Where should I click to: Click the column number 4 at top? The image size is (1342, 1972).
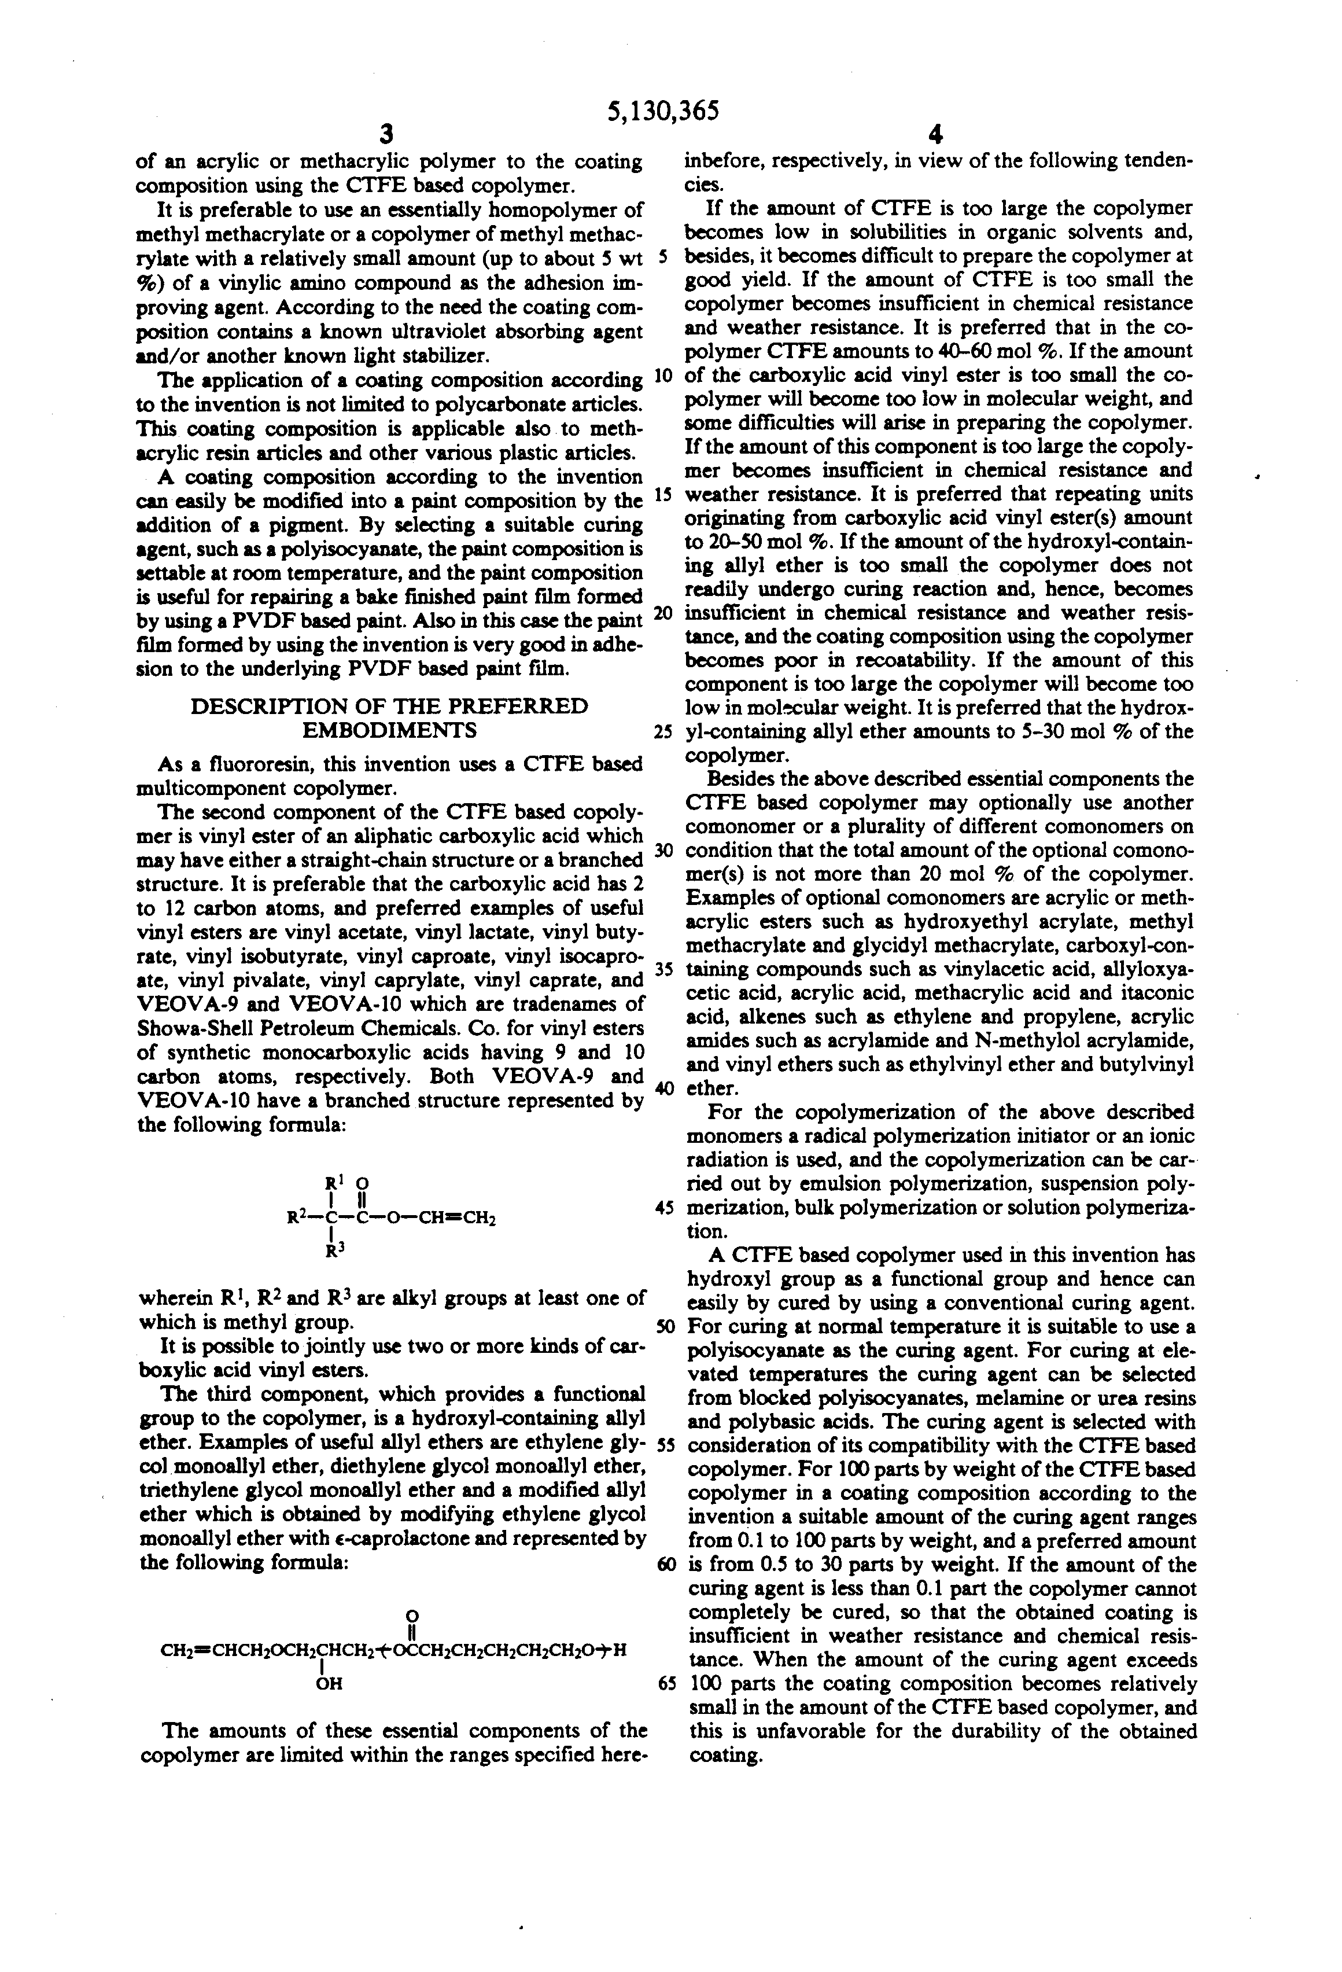coord(936,136)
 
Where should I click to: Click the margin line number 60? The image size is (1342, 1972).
coord(666,1565)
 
